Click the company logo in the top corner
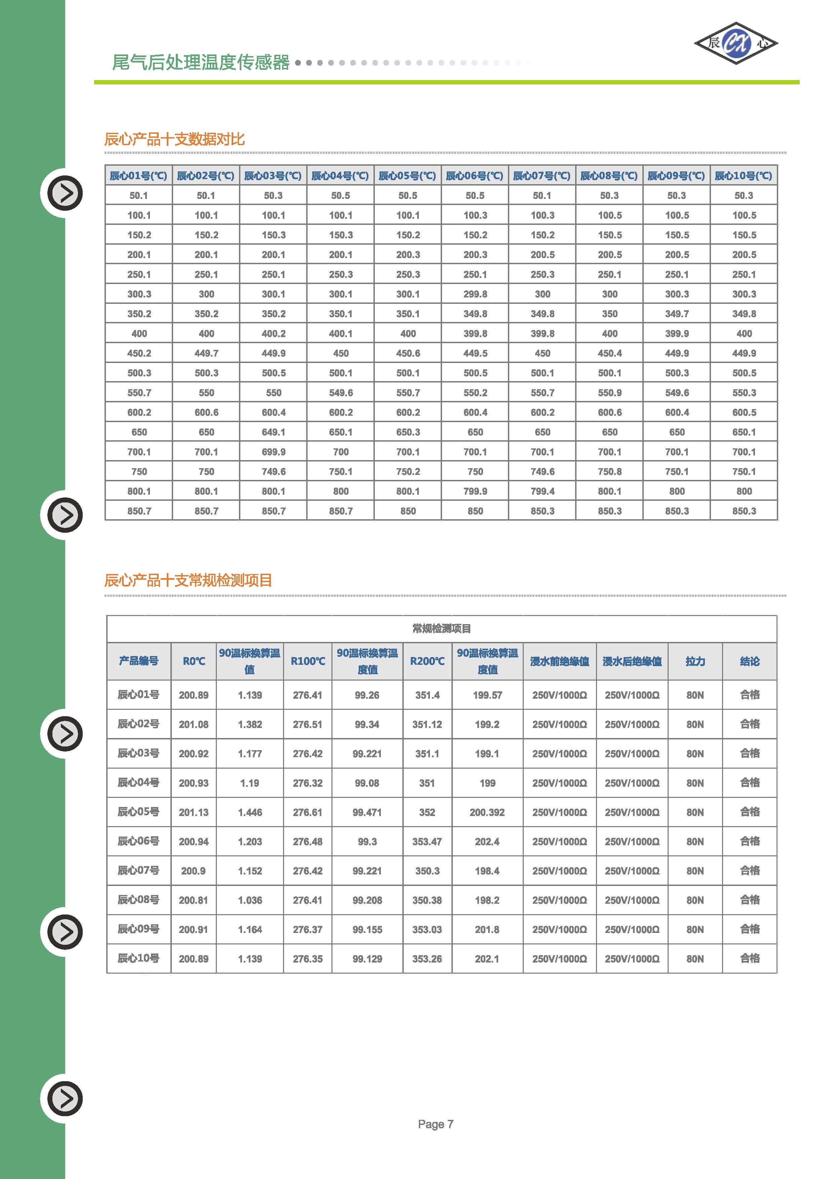pyautogui.click(x=736, y=43)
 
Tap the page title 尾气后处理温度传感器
pyautogui.click(x=201, y=63)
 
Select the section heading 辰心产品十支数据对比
pyautogui.click(x=174, y=139)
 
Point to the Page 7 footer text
pyautogui.click(x=435, y=1124)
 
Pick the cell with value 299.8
pyautogui.click(x=475, y=294)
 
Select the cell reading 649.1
pyautogui.click(x=273, y=432)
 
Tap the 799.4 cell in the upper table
pyautogui.click(x=542, y=491)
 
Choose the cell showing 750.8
pyautogui.click(x=609, y=472)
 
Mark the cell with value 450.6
pyautogui.click(x=408, y=353)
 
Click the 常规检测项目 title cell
pyautogui.click(x=442, y=628)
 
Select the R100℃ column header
pyautogui.click(x=308, y=661)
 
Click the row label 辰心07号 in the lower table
pyautogui.click(x=138, y=870)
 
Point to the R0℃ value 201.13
pyautogui.click(x=194, y=812)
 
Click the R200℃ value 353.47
pyautogui.click(x=427, y=842)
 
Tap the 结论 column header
pyautogui.click(x=749, y=661)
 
